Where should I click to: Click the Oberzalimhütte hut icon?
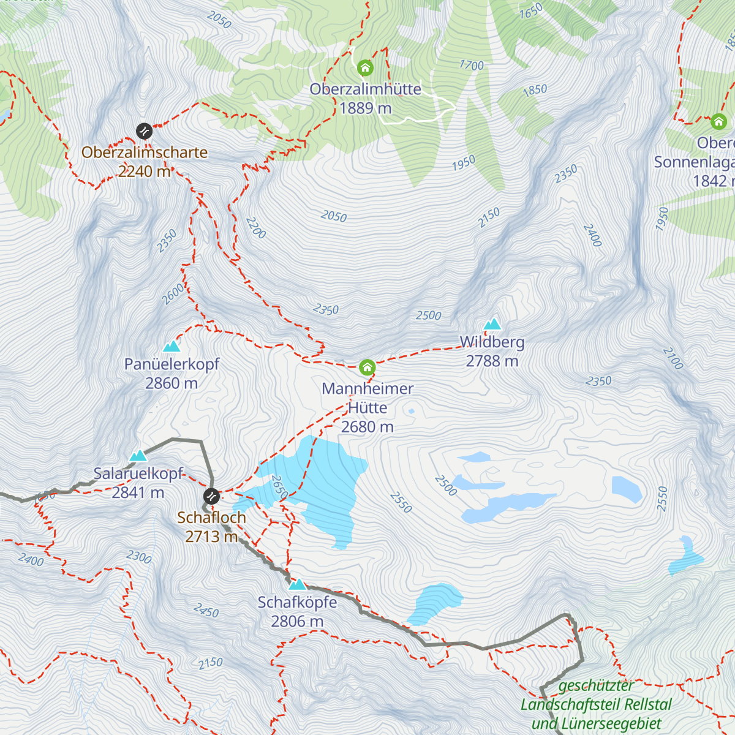pyautogui.click(x=365, y=67)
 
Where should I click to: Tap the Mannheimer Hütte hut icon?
pyautogui.click(x=367, y=367)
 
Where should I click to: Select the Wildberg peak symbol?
pyautogui.click(x=492, y=324)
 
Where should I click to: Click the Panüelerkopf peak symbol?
pyautogui.click(x=171, y=347)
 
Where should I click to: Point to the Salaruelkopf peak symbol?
pyautogui.click(x=138, y=456)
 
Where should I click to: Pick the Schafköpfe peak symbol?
pyautogui.click(x=297, y=584)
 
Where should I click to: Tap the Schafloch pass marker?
pyautogui.click(x=211, y=496)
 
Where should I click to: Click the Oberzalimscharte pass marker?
pyautogui.click(x=144, y=131)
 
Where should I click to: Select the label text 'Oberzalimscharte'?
pyautogui.click(x=145, y=152)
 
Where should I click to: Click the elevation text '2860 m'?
pyautogui.click(x=171, y=383)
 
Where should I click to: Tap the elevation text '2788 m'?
pyautogui.click(x=492, y=361)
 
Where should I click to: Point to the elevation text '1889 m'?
pyautogui.click(x=365, y=108)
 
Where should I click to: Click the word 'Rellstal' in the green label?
pyautogui.click(x=644, y=705)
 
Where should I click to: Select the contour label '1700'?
pyautogui.click(x=472, y=65)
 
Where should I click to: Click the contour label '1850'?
pyautogui.click(x=535, y=90)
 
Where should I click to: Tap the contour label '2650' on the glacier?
pyautogui.click(x=279, y=488)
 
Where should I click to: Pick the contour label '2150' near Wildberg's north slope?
pyautogui.click(x=489, y=217)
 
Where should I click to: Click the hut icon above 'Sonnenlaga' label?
pyautogui.click(x=718, y=121)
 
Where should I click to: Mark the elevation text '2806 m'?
pyautogui.click(x=297, y=622)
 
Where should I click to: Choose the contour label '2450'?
pyautogui.click(x=206, y=610)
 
